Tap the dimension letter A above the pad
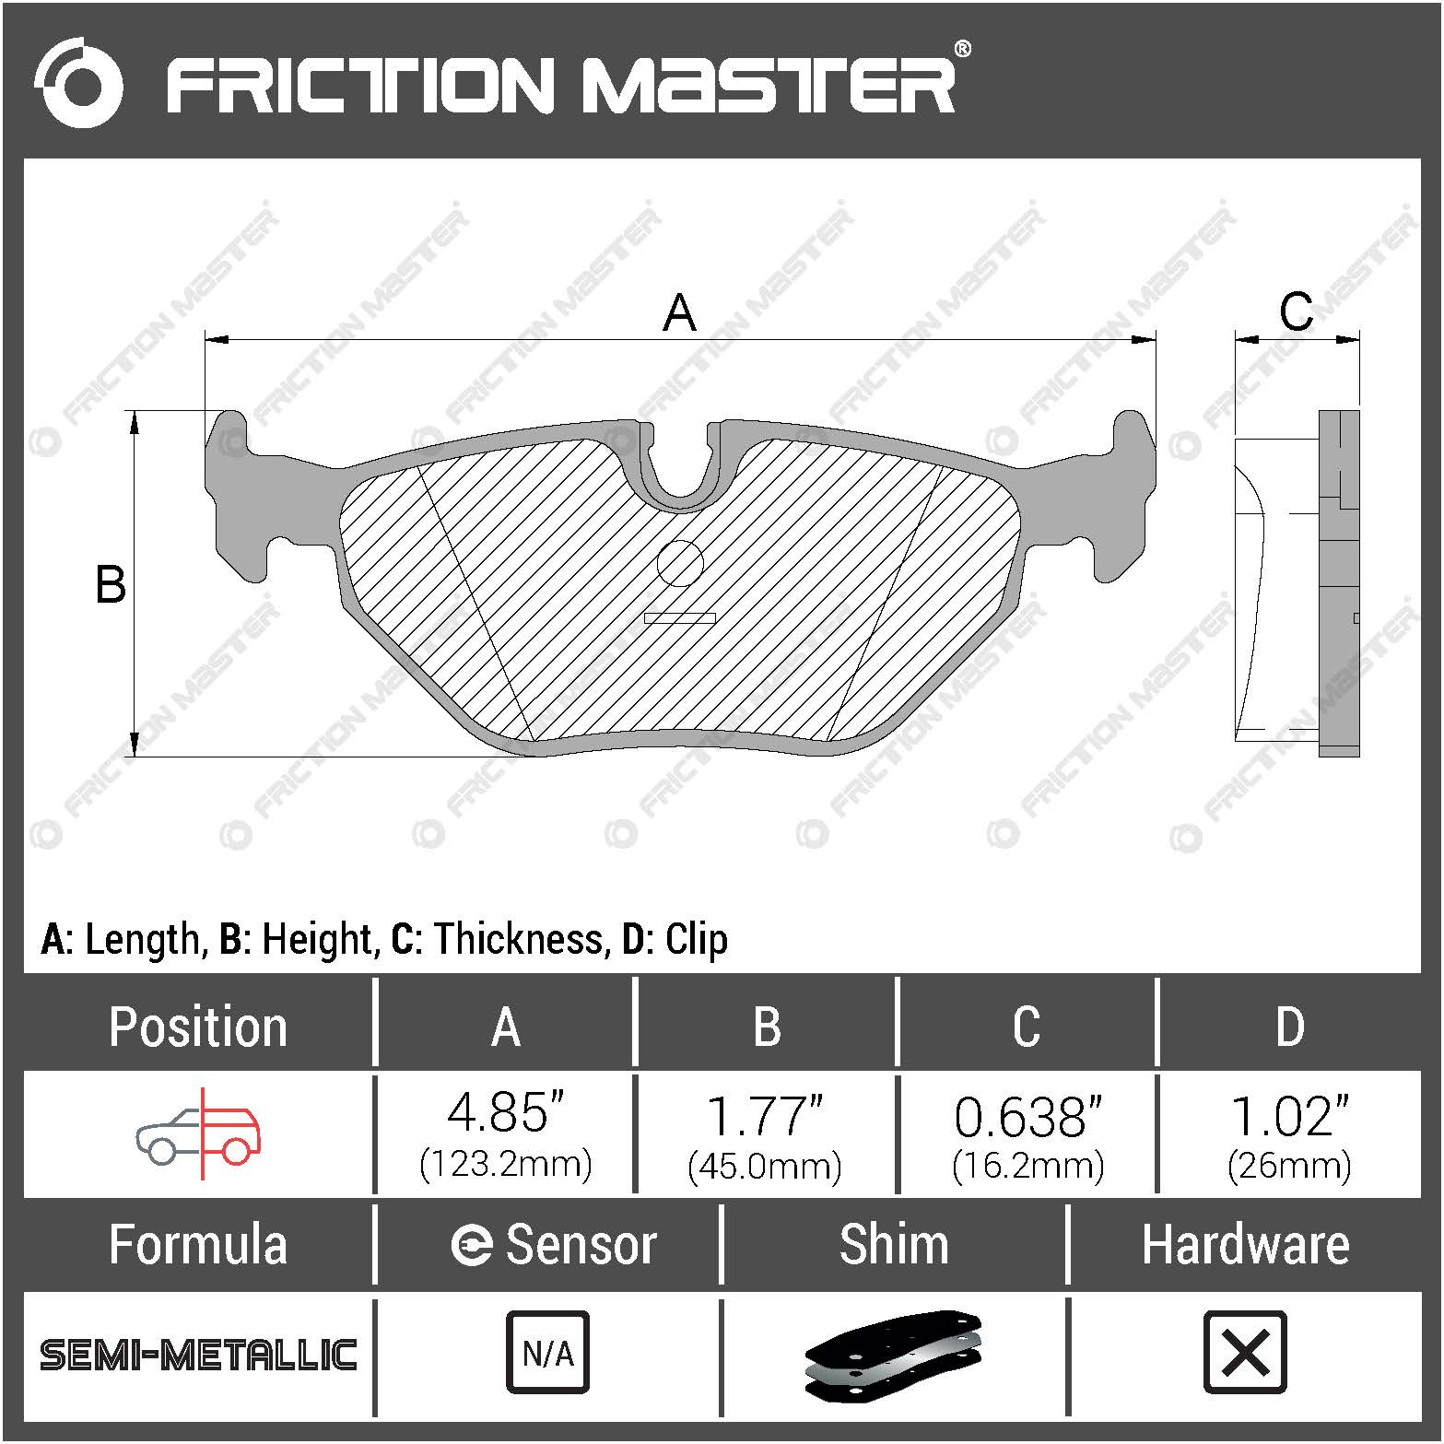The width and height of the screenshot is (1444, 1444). [x=679, y=312]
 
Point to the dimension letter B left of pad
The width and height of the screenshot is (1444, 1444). [x=111, y=584]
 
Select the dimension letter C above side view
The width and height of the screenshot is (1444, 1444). [x=1296, y=311]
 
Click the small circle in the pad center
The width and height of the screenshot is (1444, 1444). [x=680, y=563]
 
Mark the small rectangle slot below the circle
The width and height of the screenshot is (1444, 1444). [x=679, y=617]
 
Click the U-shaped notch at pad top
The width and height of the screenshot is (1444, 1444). [x=680, y=470]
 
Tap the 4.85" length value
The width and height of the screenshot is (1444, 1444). [x=505, y=1113]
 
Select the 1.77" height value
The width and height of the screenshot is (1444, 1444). [x=765, y=1115]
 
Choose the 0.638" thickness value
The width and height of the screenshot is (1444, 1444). [x=1027, y=1117]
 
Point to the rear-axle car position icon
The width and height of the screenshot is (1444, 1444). [x=199, y=1133]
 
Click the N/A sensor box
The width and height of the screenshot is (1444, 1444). [x=547, y=1353]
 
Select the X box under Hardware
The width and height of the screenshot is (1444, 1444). [x=1245, y=1353]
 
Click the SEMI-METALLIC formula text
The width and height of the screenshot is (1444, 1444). [x=198, y=1355]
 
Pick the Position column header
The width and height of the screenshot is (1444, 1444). [x=198, y=1027]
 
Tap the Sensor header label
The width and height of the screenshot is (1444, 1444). [x=581, y=1245]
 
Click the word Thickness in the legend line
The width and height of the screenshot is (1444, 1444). [x=519, y=939]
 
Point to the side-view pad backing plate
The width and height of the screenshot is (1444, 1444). [x=1339, y=582]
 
